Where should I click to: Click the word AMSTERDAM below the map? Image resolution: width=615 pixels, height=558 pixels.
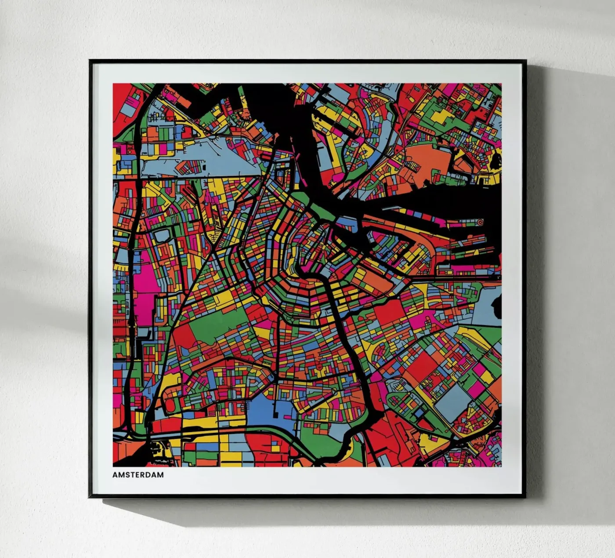click(x=138, y=475)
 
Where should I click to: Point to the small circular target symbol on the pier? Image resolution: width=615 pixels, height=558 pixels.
click(x=480, y=222)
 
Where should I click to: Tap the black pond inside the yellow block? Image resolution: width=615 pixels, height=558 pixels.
click(x=497, y=160)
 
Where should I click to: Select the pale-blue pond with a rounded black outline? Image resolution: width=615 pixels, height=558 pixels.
click(x=161, y=235)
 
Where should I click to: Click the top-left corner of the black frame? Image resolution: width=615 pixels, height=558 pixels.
click(x=90, y=61)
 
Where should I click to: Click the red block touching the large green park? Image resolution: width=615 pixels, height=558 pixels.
click(x=184, y=336)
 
